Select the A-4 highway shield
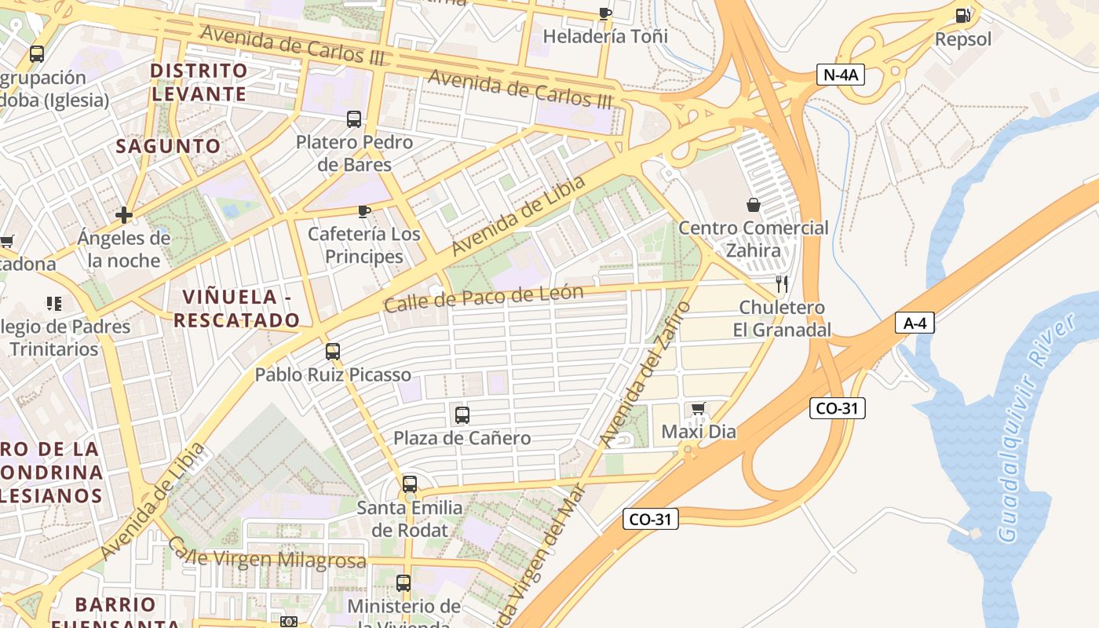(x=915, y=322)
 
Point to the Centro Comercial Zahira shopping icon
(x=754, y=205)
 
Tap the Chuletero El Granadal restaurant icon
(x=781, y=283)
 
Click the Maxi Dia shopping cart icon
(x=699, y=408)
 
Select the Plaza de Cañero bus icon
(x=462, y=414)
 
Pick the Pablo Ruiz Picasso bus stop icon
(x=333, y=351)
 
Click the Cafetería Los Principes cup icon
(x=363, y=210)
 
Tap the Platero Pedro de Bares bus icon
(x=354, y=119)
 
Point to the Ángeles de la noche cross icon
(x=123, y=214)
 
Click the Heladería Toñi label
(x=605, y=36)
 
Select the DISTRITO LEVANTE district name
(x=199, y=82)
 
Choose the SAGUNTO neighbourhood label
(x=169, y=146)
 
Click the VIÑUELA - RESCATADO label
(x=236, y=309)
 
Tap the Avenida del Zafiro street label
(x=645, y=374)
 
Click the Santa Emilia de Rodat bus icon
(x=410, y=484)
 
